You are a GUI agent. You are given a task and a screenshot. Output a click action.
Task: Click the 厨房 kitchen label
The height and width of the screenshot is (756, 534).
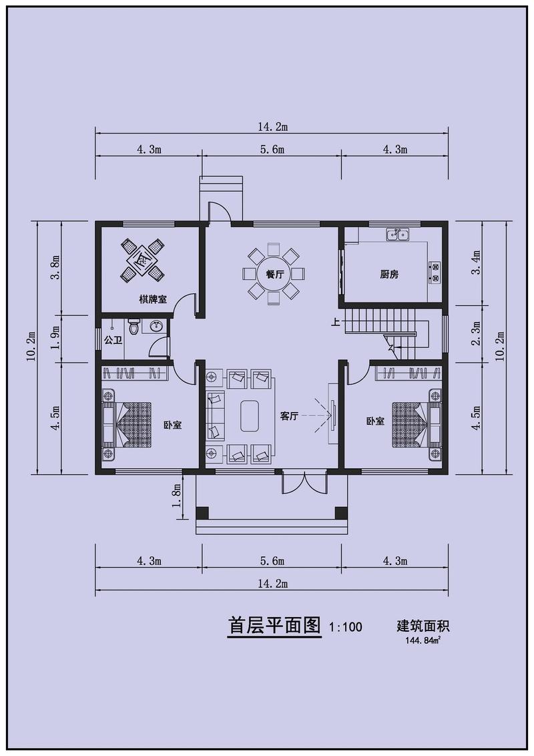(389, 274)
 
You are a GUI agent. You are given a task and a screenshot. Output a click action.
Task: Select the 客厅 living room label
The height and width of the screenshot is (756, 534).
(289, 416)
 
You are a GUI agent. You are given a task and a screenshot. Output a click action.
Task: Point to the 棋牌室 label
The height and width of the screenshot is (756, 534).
(153, 299)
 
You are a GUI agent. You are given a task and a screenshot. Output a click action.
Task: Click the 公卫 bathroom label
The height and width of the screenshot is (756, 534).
(113, 341)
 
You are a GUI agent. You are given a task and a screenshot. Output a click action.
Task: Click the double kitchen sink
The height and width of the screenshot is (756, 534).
(397, 235)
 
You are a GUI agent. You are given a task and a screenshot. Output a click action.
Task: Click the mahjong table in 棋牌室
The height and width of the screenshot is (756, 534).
(142, 259)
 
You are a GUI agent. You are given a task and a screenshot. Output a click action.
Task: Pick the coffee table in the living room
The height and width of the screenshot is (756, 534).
(250, 416)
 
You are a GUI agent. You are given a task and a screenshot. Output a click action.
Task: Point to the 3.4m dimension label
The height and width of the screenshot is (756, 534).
(477, 262)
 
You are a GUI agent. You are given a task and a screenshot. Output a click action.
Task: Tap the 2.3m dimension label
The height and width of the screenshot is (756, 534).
(477, 333)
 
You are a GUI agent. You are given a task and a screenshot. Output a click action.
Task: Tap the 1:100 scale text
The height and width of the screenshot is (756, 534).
(346, 627)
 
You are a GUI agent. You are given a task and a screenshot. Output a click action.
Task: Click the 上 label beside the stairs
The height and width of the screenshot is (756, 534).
(336, 322)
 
